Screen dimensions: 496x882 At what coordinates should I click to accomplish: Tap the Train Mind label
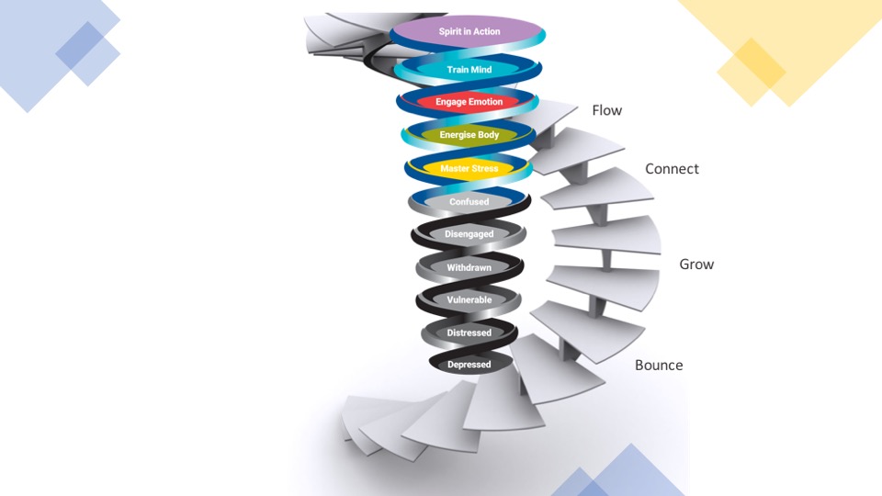coord(469,70)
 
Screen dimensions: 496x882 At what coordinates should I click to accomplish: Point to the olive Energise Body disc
coord(469,135)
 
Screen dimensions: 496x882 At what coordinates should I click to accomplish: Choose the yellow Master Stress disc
coord(469,169)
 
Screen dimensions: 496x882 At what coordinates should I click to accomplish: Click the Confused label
coord(469,201)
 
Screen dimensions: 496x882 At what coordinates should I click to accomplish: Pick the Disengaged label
coord(469,234)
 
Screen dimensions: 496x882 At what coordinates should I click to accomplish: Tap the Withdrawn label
coord(469,267)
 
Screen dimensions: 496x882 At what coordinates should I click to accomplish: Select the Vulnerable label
coord(469,300)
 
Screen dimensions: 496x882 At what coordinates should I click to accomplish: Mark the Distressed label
coord(469,333)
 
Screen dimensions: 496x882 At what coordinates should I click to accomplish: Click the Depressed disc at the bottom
coord(469,365)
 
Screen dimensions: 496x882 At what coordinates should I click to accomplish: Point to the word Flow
coord(606,110)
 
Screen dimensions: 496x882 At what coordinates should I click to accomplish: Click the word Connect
coord(672,169)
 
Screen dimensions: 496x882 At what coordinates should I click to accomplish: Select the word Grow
coord(696,265)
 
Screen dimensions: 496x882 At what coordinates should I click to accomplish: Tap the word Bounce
coord(659,366)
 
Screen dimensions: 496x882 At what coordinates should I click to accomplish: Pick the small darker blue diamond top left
coord(87,51)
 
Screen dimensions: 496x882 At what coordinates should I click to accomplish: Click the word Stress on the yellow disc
coord(484,169)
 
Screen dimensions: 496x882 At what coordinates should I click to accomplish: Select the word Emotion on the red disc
coord(484,102)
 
